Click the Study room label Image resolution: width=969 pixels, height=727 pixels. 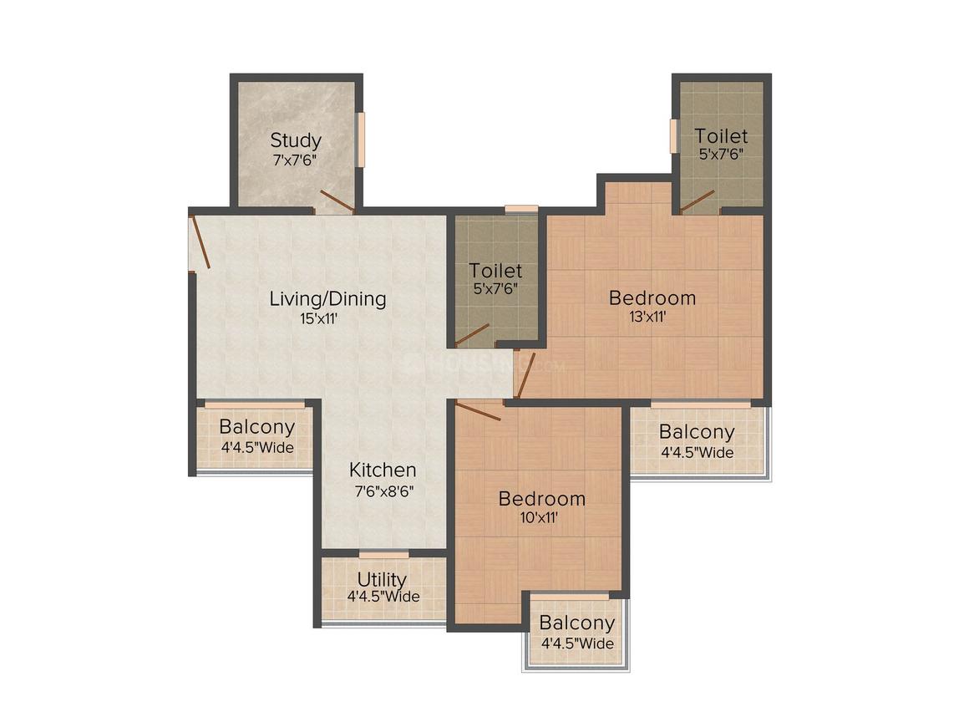coord(296,141)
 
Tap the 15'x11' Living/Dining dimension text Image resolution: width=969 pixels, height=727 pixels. coord(319,319)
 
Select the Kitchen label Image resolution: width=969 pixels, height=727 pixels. coord(383,470)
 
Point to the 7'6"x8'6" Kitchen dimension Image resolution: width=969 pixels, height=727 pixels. coord(383,491)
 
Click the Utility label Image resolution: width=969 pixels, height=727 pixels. coord(382,579)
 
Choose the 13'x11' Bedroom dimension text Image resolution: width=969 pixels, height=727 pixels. coord(647,318)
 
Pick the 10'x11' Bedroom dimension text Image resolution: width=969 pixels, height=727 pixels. coord(539,517)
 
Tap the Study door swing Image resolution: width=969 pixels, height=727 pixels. coord(337,201)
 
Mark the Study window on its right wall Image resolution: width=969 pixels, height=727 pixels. coord(361,139)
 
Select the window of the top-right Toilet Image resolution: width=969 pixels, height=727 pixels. coord(674,135)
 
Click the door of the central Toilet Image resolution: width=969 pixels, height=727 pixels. coord(472,334)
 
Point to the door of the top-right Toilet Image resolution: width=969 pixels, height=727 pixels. coord(697,201)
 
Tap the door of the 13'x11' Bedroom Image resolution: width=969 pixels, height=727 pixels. coord(525,375)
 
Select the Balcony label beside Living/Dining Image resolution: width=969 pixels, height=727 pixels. coord(257,426)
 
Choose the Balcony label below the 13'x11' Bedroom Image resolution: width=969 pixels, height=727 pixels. coord(697,431)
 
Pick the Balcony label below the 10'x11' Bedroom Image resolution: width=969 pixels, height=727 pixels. coord(577,623)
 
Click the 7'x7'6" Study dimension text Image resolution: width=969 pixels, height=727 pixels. coord(295,160)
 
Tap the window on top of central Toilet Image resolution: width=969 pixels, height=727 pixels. coord(521,209)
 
